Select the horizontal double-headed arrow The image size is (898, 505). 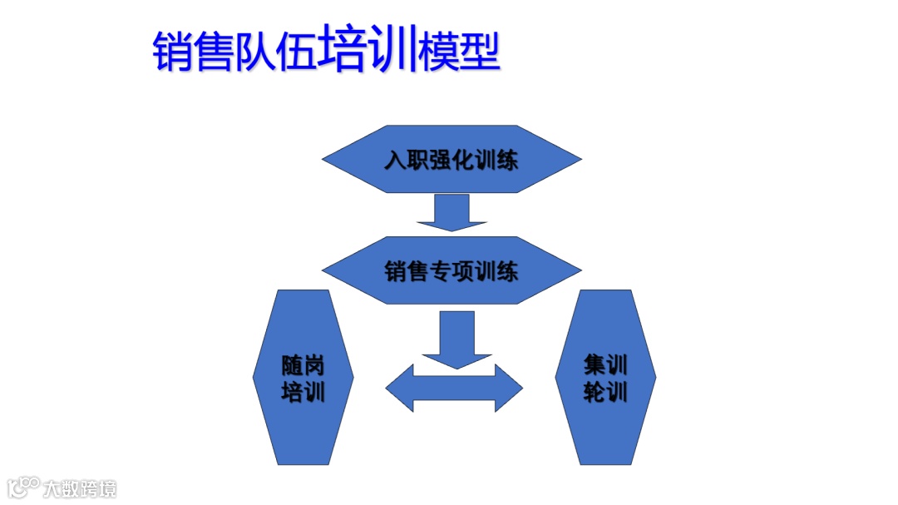(454, 388)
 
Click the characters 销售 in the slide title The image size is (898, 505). (193, 52)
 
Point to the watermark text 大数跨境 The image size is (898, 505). (81, 488)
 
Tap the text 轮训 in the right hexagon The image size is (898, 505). (605, 391)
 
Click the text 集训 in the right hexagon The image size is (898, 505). (605, 364)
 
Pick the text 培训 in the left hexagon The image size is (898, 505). (303, 392)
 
